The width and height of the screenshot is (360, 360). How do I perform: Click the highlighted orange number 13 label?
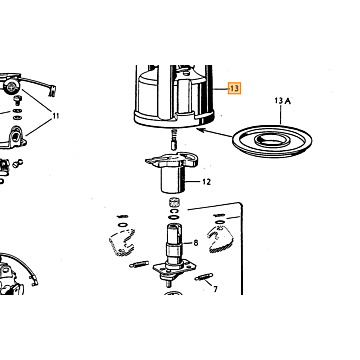tap(234, 88)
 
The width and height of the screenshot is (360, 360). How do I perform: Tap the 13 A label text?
tap(282, 100)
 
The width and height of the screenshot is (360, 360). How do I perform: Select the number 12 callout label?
tap(207, 182)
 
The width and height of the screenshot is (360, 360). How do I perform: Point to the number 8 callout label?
tap(196, 243)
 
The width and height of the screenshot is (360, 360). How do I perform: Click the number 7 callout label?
tap(215, 289)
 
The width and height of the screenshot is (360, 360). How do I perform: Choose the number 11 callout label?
tap(56, 116)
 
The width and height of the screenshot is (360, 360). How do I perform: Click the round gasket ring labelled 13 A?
tap(272, 141)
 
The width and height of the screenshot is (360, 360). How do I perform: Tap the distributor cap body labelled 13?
tap(174, 97)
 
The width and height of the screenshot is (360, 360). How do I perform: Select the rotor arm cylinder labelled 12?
tap(173, 179)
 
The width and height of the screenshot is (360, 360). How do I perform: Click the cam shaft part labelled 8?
tap(174, 246)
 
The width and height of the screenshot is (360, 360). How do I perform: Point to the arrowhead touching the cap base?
tap(201, 130)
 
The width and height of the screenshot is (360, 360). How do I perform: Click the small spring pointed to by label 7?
tap(203, 277)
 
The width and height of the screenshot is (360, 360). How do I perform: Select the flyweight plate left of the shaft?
tap(122, 242)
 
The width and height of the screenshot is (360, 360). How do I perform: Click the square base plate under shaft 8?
tap(175, 269)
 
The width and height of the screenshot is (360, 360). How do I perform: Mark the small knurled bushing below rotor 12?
tap(173, 202)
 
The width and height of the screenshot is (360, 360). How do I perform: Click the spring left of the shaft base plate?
tap(139, 264)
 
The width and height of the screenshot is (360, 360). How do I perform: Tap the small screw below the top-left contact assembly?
tap(17, 100)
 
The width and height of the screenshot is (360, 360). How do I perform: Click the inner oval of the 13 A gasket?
tap(273, 140)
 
